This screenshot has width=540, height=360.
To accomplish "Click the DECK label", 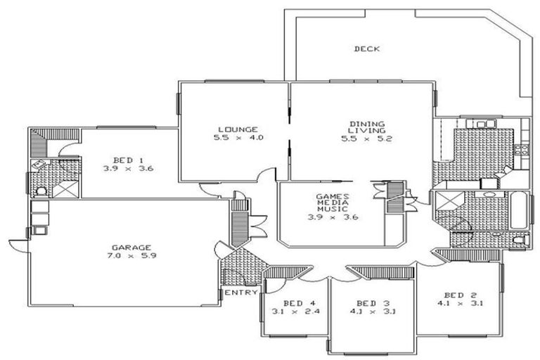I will coord(366,49).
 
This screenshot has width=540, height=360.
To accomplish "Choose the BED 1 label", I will coord(128,160).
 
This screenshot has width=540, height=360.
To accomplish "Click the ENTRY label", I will coord(236,292).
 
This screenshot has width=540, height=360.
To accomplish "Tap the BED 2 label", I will coord(460,295).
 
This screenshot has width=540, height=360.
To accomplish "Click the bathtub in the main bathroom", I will coord(518,210).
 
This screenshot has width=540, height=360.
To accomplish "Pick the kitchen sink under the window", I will coord(486,125).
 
